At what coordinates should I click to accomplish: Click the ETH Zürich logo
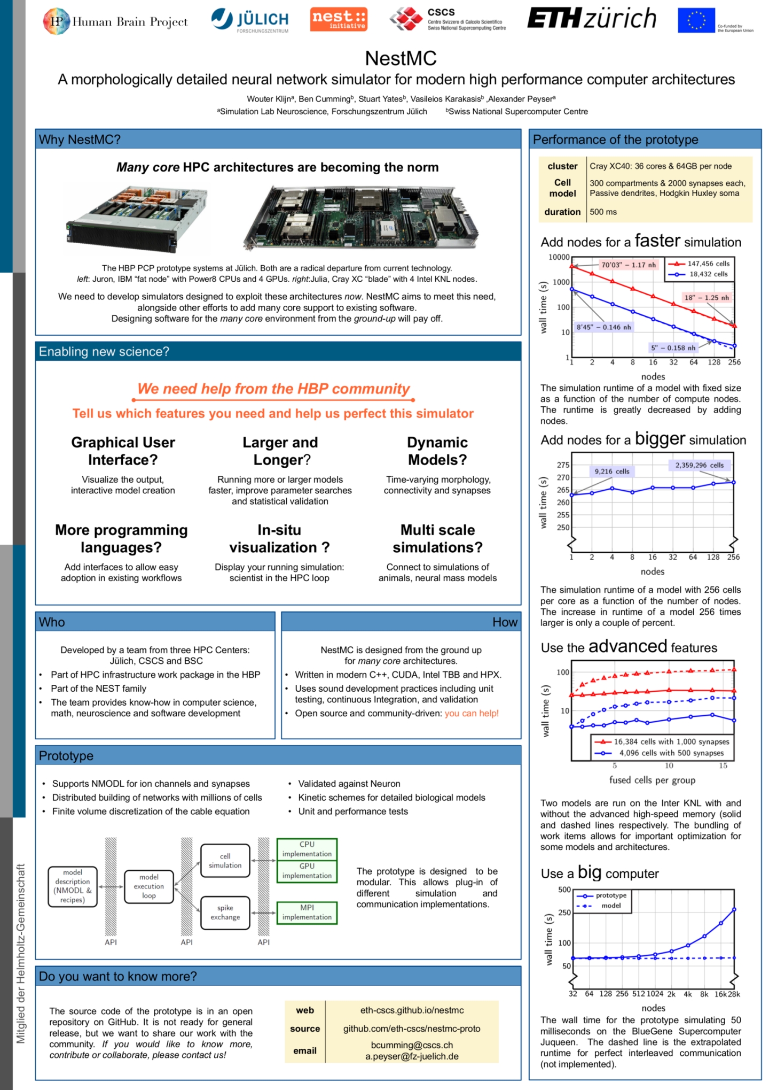(x=592, y=19)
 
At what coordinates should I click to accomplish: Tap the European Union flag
(x=696, y=21)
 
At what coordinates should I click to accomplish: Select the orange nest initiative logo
(x=339, y=19)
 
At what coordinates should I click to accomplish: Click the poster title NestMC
(x=401, y=58)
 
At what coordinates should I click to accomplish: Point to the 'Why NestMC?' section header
(x=80, y=140)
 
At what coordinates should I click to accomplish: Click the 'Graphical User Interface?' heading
(x=123, y=451)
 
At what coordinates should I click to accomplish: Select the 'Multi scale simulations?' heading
(x=437, y=538)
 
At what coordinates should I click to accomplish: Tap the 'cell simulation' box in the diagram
(x=225, y=861)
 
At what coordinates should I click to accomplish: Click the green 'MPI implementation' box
(x=307, y=912)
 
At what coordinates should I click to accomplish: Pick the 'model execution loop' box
(x=149, y=886)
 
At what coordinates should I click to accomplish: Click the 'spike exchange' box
(x=225, y=912)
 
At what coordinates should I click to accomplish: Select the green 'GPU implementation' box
(x=307, y=871)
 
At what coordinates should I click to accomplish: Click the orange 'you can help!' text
(x=472, y=713)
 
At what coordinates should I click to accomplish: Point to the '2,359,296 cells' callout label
(x=699, y=465)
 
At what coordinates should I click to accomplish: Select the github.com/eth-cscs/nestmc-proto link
(x=411, y=1029)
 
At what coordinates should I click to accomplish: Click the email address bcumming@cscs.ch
(x=412, y=1045)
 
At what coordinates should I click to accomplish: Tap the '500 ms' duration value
(x=603, y=212)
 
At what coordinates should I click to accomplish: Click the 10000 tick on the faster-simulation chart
(x=559, y=257)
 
